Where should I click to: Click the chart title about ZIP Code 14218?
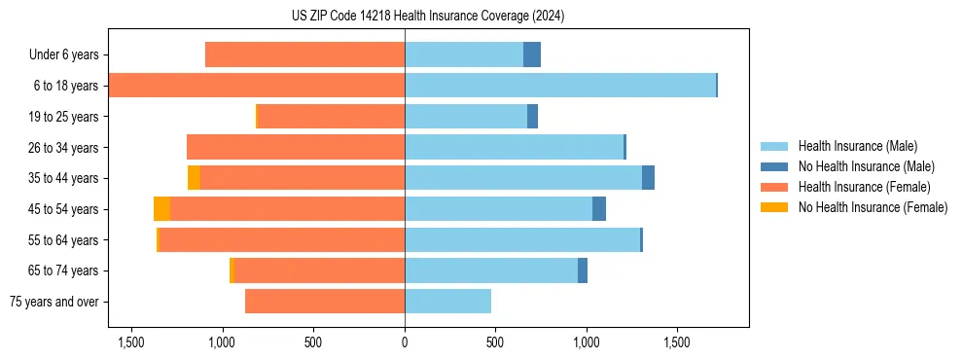pyautogui.click(x=428, y=17)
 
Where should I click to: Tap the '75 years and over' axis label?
pyautogui.click(x=54, y=302)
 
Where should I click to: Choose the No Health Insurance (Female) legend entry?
pyautogui.click(x=873, y=207)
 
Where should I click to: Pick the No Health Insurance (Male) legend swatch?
pyautogui.click(x=774, y=166)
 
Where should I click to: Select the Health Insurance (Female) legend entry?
pyautogui.click(x=865, y=187)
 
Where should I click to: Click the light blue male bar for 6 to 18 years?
pyautogui.click(x=560, y=86)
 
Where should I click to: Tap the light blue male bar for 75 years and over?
pyautogui.click(x=447, y=302)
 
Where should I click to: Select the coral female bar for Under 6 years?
pyautogui.click(x=305, y=55)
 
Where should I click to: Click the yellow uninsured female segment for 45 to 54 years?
pyautogui.click(x=161, y=209)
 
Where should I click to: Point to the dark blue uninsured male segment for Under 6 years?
pyautogui.click(x=532, y=55)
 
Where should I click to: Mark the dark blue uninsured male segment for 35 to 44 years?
pyautogui.click(x=648, y=178)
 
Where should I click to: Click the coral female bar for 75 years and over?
pyautogui.click(x=325, y=302)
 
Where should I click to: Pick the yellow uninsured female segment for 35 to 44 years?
pyautogui.click(x=194, y=178)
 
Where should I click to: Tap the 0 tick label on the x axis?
pyautogui.click(x=405, y=342)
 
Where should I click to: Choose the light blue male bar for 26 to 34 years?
pyautogui.click(x=514, y=147)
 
